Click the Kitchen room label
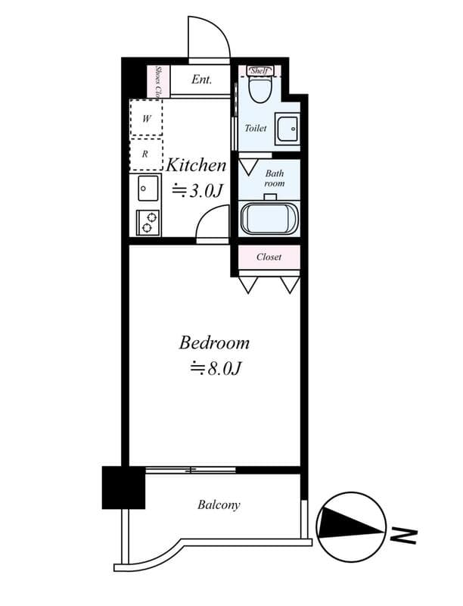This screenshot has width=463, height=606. (196, 165)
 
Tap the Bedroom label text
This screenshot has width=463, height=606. (214, 343)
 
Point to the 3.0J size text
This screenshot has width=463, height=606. (197, 190)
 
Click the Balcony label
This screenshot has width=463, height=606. (219, 504)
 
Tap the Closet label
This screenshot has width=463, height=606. (269, 257)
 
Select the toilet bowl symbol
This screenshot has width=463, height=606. (260, 89)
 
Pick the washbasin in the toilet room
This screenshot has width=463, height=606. (287, 130)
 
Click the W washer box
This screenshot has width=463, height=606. (147, 118)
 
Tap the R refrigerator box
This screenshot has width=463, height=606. (147, 154)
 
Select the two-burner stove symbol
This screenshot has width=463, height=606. (148, 223)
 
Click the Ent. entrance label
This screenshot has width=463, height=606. (201, 80)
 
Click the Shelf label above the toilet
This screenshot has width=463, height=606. (259, 70)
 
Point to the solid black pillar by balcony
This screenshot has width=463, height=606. (123, 487)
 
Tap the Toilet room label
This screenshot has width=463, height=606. (255, 128)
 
